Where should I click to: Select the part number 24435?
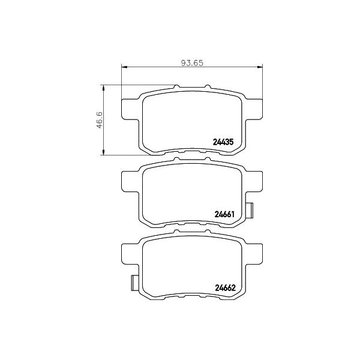click(223, 143)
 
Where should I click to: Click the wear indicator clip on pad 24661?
click(250, 211)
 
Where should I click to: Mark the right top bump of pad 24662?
click(208, 232)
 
